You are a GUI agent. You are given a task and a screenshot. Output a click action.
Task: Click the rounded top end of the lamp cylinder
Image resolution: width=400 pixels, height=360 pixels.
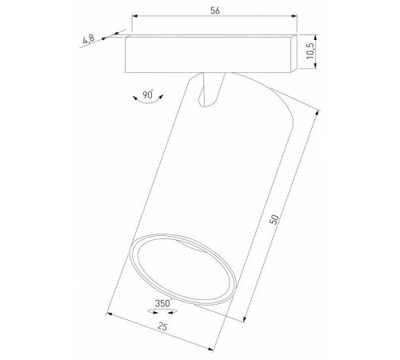[237, 84]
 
